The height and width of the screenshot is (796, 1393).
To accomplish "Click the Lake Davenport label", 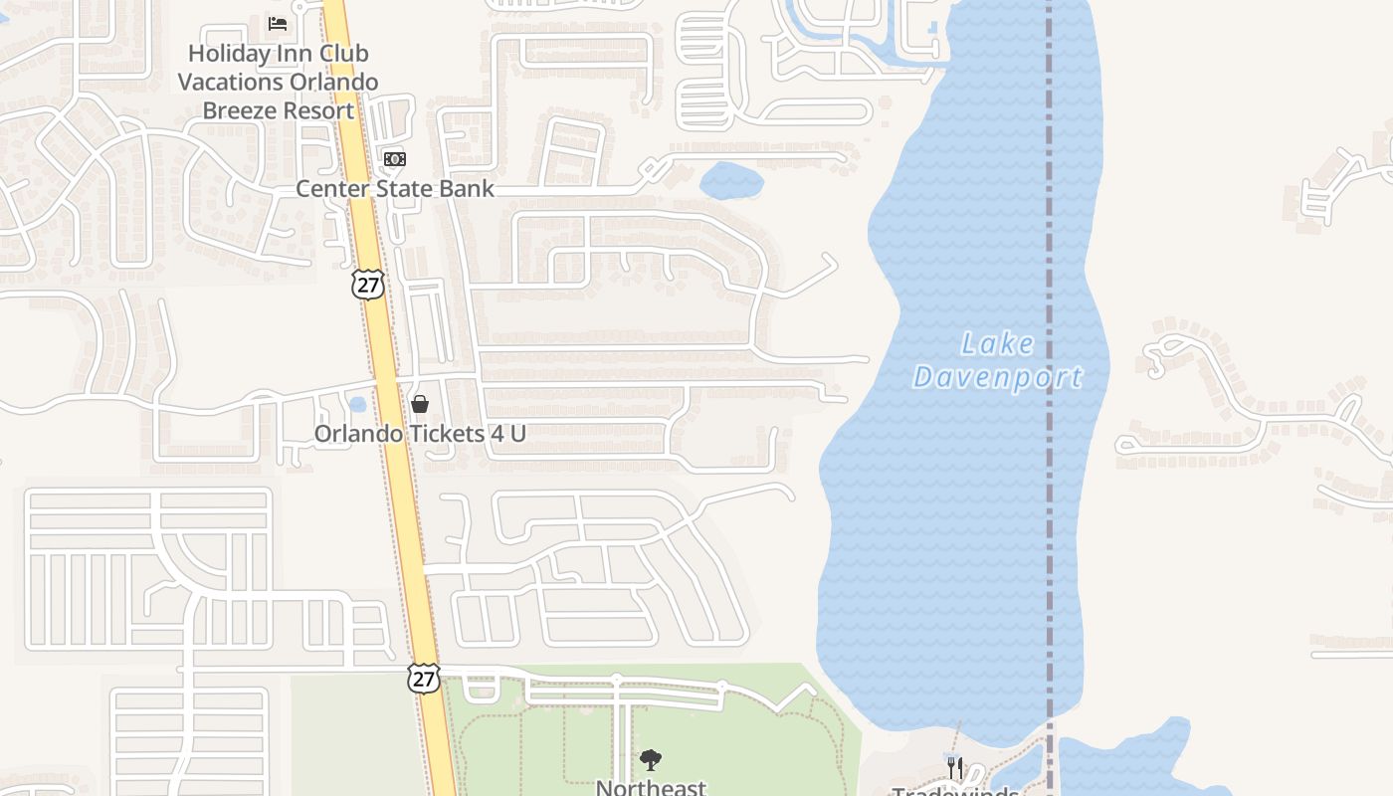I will point(997,361).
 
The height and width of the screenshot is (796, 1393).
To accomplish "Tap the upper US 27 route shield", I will point(367,284).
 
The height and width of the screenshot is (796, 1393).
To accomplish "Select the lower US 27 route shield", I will point(423,679).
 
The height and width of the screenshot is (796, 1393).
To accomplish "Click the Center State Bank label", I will point(395,188).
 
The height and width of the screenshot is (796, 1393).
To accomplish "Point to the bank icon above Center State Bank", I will point(395,159).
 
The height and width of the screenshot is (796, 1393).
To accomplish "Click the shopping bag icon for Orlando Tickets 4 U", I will point(420,404).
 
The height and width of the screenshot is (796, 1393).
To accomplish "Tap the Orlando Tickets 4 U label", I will point(420,434).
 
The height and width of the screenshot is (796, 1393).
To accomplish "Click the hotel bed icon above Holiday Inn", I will point(278,23).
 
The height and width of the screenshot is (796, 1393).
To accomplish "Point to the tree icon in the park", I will point(651,761).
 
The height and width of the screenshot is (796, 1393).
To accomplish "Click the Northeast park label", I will point(651,787).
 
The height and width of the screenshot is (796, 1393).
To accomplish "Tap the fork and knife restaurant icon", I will point(955,767).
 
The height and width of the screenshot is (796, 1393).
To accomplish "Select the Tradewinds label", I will point(955,792).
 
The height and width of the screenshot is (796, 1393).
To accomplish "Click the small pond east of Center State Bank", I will point(731,181).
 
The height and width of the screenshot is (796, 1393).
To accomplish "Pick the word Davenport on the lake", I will point(997,377).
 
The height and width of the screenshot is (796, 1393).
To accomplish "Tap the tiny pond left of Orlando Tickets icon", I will point(356,405).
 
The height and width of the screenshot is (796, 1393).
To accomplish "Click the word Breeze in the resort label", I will point(237,109).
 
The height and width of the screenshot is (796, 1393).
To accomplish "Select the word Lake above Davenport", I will point(997,344).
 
